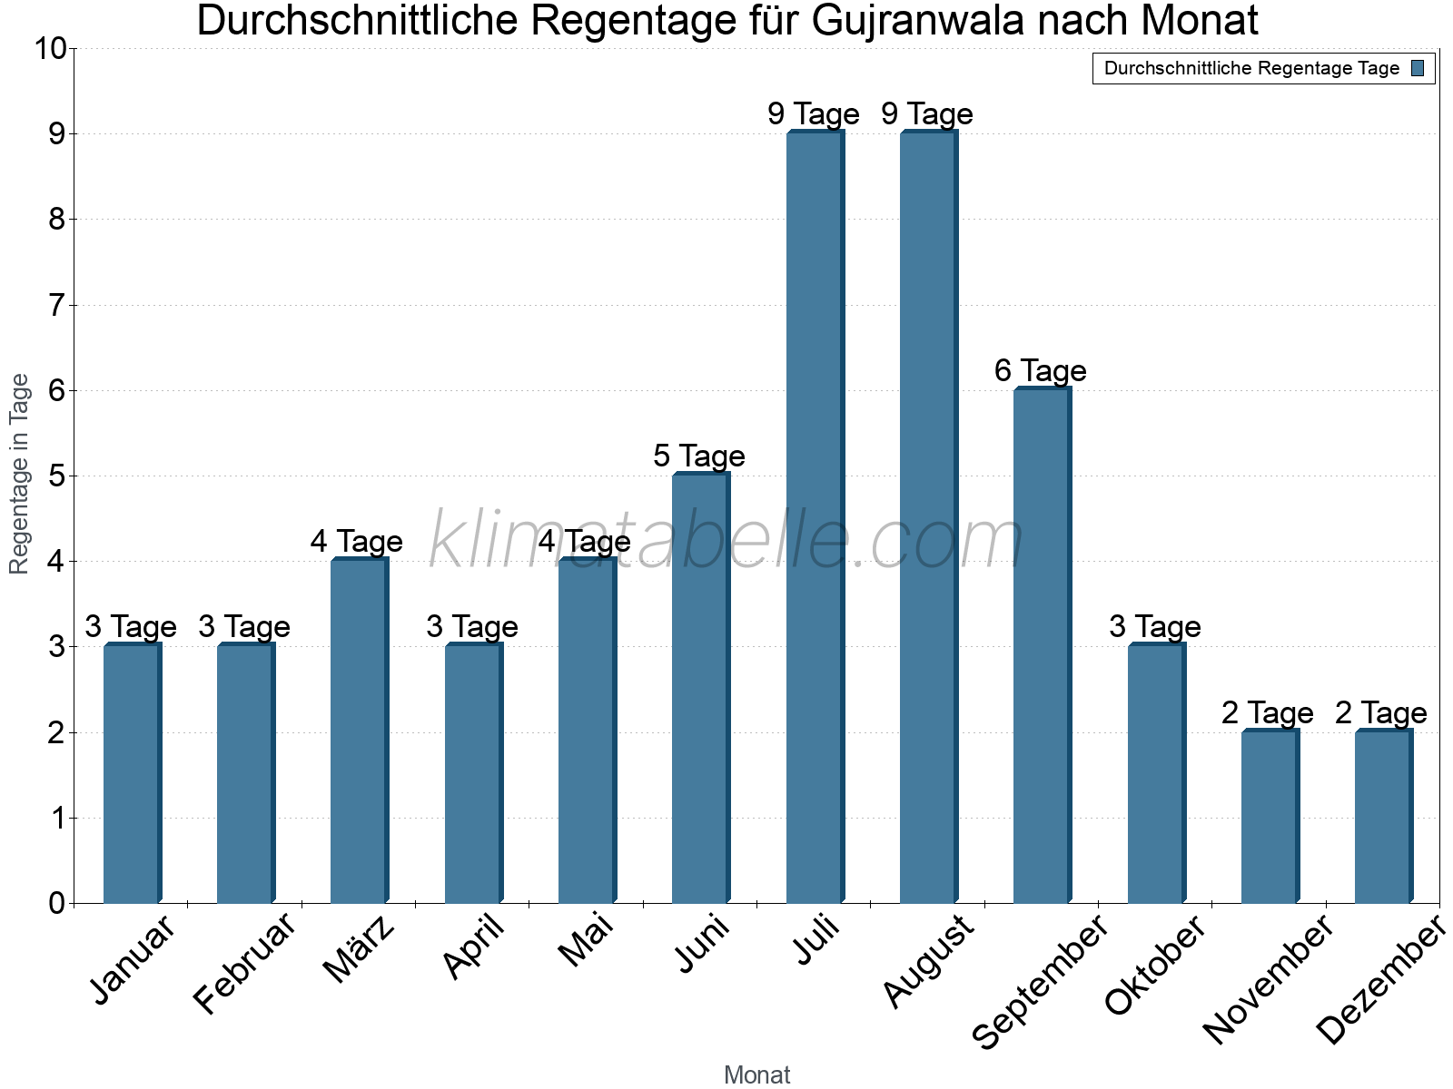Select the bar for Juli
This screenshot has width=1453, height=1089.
815,517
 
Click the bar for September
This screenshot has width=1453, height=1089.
1042,645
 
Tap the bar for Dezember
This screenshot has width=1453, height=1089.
1383,817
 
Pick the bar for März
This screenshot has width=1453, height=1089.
359,731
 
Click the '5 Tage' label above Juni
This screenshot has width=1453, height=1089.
699,456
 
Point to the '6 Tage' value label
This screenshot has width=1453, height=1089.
1041,370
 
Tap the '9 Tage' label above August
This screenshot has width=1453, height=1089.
927,113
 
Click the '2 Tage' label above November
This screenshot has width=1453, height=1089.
1268,713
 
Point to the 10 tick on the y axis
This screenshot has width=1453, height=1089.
51,48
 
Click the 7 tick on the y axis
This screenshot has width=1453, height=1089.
58,305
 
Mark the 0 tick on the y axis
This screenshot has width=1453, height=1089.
58,903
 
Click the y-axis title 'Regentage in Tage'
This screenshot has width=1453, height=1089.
20,474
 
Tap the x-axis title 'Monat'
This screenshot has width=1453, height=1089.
756,1074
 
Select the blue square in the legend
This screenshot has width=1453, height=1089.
1418,68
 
